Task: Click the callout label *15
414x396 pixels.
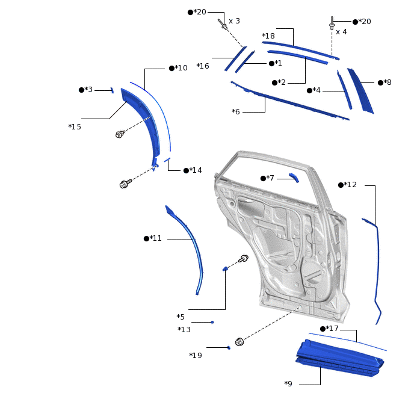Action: point(75,127)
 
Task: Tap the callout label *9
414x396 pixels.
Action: point(288,383)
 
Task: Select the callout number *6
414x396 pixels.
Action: point(236,112)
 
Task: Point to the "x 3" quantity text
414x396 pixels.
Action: point(234,21)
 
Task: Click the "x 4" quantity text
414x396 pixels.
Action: point(341,32)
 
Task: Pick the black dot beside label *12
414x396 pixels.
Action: point(341,185)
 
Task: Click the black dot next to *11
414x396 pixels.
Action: point(146,239)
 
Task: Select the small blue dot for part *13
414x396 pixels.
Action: point(212,322)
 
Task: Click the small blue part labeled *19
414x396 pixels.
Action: point(229,348)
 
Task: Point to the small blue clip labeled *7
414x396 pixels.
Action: point(294,178)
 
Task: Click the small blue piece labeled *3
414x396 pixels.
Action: point(112,90)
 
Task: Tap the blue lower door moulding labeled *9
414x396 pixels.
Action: point(340,357)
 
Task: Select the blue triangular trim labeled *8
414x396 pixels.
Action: point(360,91)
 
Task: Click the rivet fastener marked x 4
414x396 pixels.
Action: point(332,23)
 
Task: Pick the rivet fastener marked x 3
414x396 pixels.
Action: point(223,24)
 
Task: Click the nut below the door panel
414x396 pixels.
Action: point(239,342)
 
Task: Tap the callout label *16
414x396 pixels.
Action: point(203,66)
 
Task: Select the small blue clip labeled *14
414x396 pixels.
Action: point(167,159)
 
